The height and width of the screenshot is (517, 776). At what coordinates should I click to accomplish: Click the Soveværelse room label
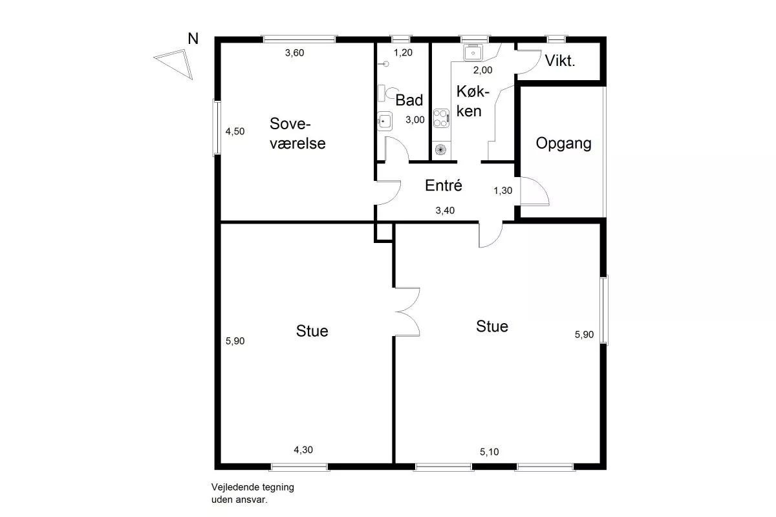[297, 134]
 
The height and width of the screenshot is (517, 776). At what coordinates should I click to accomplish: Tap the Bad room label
[409, 100]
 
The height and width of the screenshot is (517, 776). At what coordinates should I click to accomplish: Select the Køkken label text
[473, 101]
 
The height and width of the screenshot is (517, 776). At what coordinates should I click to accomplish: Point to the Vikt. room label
[560, 61]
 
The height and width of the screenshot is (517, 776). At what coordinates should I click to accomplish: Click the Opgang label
[564, 143]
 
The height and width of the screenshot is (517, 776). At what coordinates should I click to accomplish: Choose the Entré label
[444, 185]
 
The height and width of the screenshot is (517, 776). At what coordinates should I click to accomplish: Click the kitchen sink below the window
[473, 52]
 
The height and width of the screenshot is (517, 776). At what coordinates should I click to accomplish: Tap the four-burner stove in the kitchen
[441, 118]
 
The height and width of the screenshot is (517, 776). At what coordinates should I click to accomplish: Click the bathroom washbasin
[385, 121]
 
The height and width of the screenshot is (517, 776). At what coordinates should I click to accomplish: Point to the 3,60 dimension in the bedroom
[294, 52]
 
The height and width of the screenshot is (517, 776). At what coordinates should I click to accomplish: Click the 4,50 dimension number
[235, 131]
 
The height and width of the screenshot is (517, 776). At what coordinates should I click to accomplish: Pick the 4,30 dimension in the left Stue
[303, 450]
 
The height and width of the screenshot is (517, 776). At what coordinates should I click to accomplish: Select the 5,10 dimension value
[489, 452]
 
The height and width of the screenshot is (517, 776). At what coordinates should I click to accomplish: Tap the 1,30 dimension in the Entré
[502, 191]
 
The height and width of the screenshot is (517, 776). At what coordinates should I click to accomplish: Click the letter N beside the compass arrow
[193, 39]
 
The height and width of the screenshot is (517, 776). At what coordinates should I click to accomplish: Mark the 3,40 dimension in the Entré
[445, 210]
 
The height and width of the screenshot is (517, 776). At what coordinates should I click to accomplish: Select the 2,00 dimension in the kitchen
[482, 70]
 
